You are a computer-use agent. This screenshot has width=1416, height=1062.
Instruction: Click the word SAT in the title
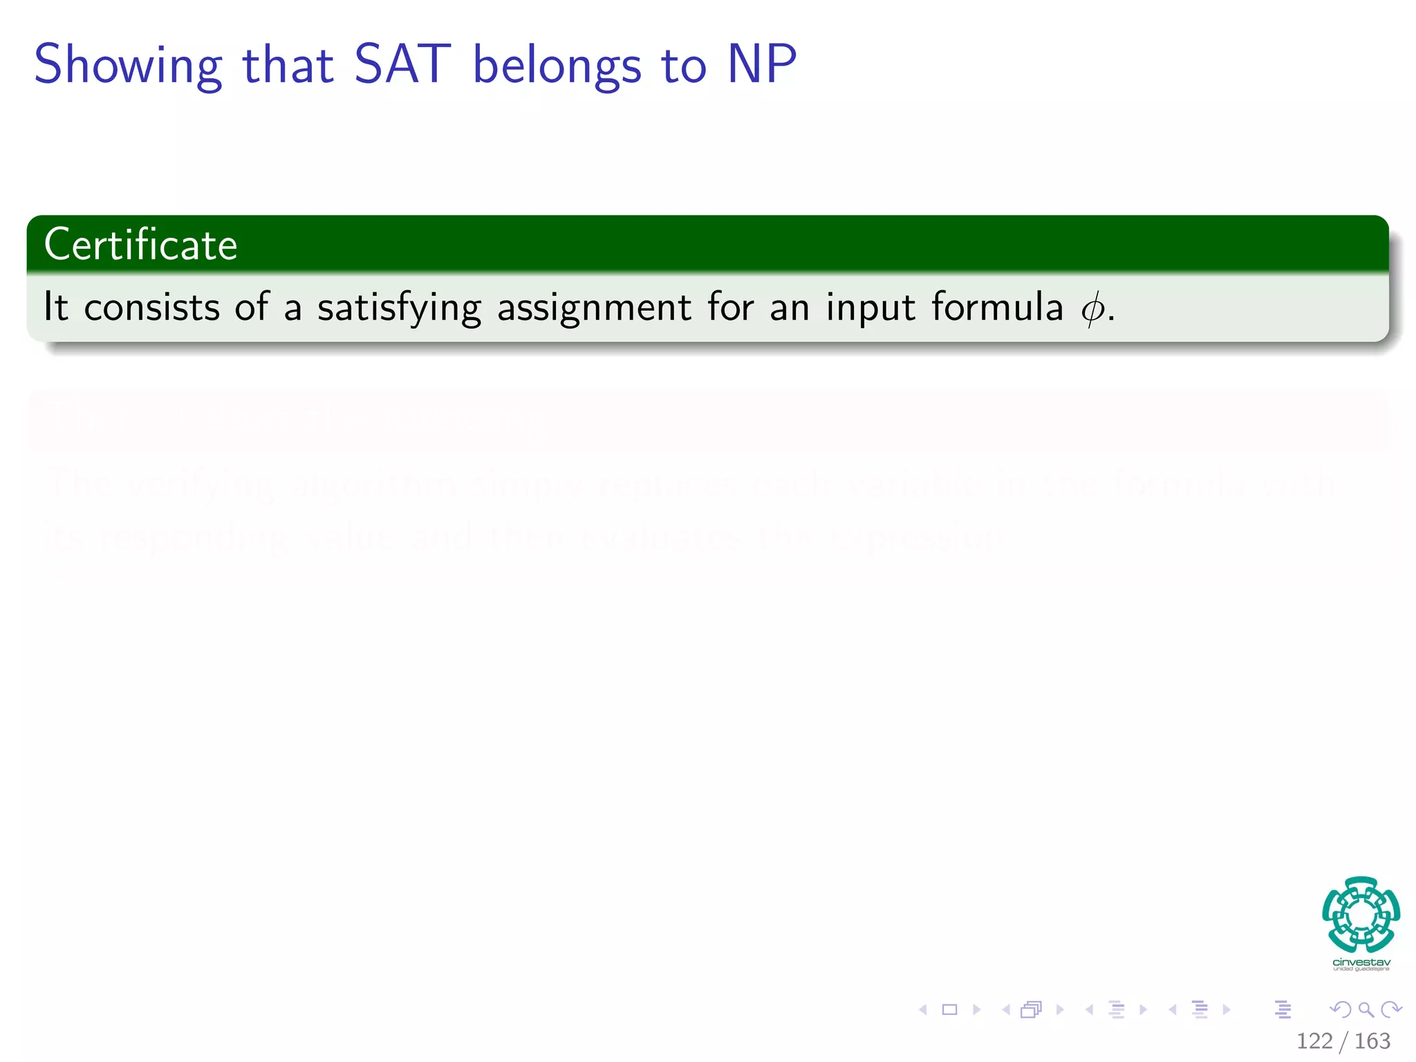tap(402, 64)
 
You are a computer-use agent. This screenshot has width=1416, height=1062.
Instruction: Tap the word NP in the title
tap(762, 64)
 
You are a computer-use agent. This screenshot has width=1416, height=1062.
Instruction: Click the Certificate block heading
tap(141, 245)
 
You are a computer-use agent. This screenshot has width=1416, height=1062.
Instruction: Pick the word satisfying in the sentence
tap(399, 308)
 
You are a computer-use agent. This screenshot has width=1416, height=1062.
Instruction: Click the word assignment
tap(594, 308)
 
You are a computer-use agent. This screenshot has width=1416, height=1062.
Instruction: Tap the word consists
tap(151, 307)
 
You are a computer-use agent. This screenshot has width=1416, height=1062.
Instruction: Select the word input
tap(870, 308)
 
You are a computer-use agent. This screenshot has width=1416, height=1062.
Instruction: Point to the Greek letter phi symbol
tap(1092, 308)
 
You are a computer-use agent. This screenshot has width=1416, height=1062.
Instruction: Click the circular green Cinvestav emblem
tap(1361, 914)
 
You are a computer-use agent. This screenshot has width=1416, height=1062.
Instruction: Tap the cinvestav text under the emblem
tap(1361, 962)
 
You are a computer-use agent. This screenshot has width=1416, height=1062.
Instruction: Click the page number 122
tap(1314, 1041)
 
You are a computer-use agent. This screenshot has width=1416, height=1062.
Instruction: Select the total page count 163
tap(1372, 1041)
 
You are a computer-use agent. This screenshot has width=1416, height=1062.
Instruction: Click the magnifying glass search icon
tap(1366, 1009)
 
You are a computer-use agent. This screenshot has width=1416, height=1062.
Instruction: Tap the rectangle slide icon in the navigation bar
tap(950, 1009)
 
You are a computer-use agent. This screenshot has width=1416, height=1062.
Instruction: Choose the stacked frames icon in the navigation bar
tap(1031, 1009)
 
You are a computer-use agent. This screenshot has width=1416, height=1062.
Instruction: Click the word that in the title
tap(288, 64)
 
